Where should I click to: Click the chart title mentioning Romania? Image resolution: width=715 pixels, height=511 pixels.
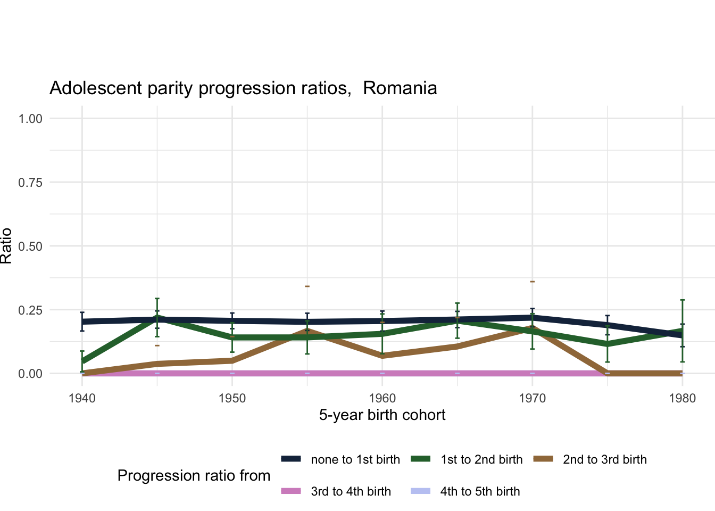(x=243, y=88)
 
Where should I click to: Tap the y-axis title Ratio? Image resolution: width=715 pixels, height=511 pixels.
(x=6, y=245)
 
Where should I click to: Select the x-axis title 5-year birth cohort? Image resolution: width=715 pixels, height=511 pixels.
(x=382, y=415)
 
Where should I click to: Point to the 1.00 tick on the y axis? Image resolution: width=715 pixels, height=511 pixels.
(x=30, y=118)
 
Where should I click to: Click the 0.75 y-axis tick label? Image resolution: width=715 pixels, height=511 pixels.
(x=30, y=182)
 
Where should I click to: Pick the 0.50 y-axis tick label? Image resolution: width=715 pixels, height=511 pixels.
(x=30, y=246)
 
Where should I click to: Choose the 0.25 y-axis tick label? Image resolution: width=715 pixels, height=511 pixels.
(x=30, y=310)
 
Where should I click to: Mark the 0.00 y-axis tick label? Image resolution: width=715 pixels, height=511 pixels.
(x=30, y=374)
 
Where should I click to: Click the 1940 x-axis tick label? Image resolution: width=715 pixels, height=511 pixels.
(x=82, y=398)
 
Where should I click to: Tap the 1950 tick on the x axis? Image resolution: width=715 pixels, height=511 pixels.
(x=232, y=398)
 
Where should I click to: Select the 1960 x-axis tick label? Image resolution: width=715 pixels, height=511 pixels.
(x=382, y=398)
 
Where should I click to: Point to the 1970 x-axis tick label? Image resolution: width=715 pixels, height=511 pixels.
(x=532, y=398)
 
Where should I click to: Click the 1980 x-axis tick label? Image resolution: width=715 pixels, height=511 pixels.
(x=682, y=398)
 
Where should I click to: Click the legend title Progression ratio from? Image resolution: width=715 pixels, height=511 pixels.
(x=194, y=475)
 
